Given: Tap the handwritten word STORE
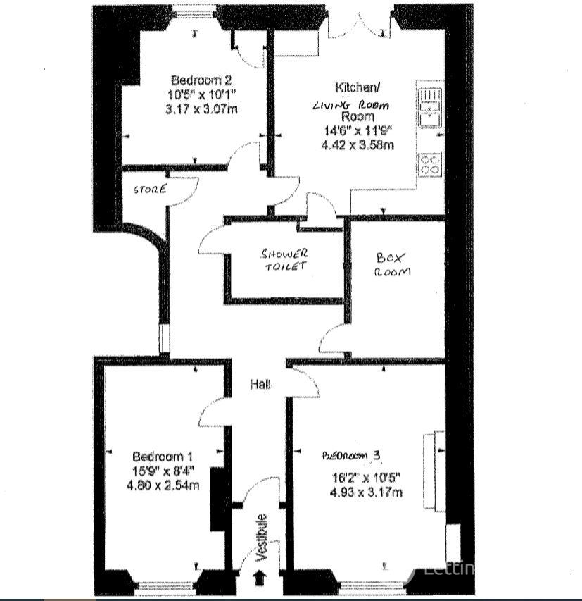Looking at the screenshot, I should click(149, 189).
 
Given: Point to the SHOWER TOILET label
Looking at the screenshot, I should click(284, 259).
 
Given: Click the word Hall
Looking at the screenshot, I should click(260, 384).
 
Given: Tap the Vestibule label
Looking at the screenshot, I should click(262, 538).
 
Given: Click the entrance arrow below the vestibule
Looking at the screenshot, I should click(259, 578).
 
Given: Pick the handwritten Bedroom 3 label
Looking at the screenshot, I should click(352, 456).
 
